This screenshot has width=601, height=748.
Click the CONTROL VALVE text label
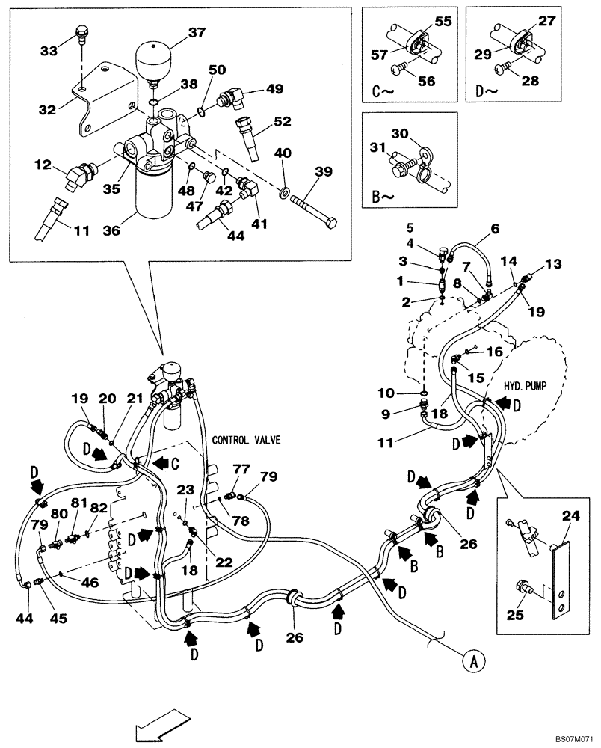[x=246, y=440]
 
